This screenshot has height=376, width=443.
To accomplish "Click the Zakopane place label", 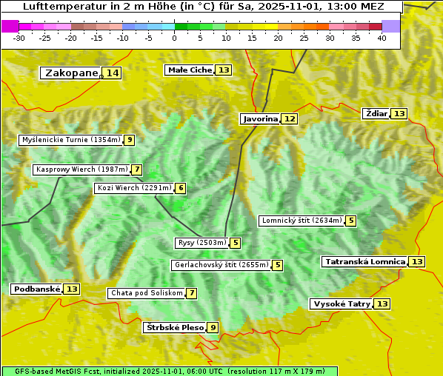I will (x=71, y=73).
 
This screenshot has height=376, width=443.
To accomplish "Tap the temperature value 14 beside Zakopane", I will (x=112, y=73).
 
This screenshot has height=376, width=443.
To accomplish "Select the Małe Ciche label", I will (x=190, y=70).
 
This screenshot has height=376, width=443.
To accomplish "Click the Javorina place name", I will (x=260, y=118).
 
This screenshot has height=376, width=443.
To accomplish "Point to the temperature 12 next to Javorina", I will (x=290, y=118).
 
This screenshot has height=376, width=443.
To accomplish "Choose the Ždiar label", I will (x=376, y=113).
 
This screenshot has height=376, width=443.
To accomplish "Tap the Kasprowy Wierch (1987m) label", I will (x=81, y=169).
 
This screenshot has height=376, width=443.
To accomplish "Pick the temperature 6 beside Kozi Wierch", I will (x=181, y=188).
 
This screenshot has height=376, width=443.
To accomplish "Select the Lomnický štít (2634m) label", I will (x=302, y=221).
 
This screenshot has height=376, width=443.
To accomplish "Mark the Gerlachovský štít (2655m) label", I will (x=221, y=265).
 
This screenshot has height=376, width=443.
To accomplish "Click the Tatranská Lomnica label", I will (x=365, y=261).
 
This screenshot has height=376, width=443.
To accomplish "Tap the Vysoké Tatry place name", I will (x=341, y=303).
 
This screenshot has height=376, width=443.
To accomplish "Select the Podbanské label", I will (x=36, y=289).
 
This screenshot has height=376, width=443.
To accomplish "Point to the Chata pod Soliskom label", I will (x=145, y=293).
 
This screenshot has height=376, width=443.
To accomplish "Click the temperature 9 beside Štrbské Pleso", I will (x=213, y=327).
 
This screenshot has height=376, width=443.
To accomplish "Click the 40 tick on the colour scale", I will (x=382, y=38).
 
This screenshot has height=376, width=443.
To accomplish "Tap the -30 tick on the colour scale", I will (x=20, y=38).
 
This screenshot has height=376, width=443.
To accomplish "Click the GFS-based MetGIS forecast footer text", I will (x=169, y=371).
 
